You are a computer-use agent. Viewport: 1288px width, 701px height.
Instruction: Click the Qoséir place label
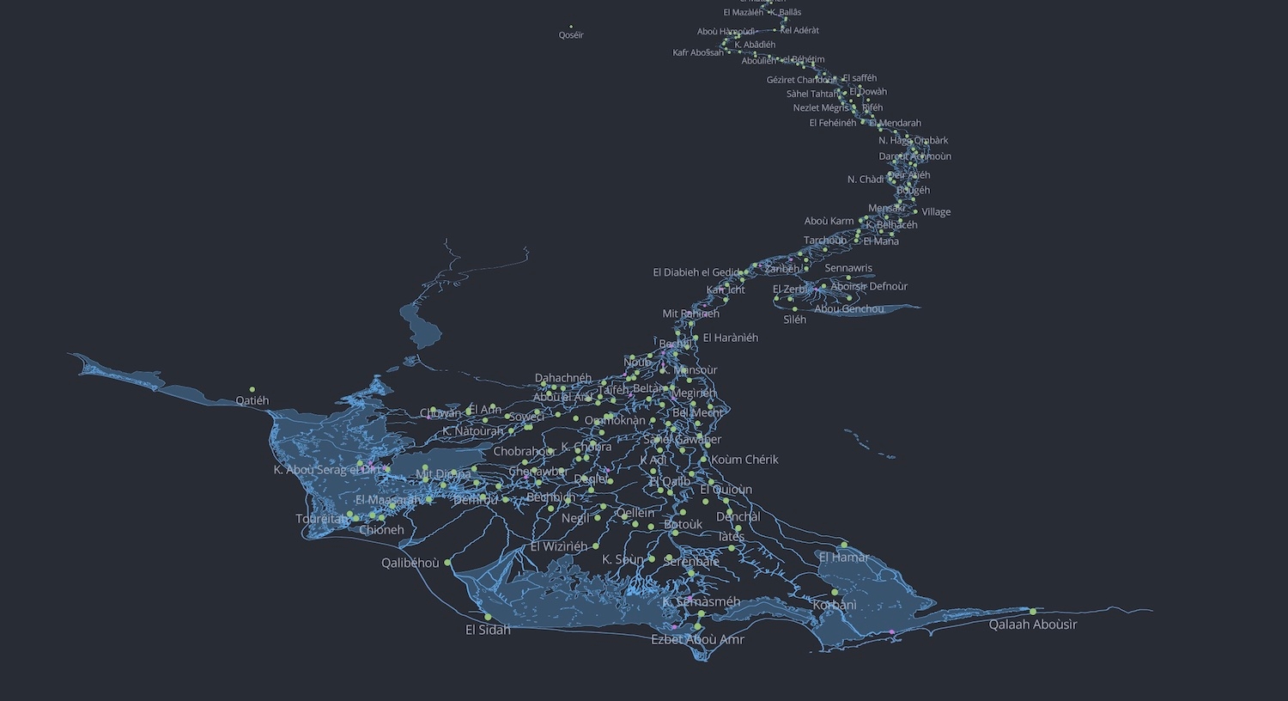(x=571, y=35)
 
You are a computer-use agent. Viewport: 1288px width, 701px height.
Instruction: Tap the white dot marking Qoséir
(x=571, y=27)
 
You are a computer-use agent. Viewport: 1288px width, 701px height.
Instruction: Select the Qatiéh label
(x=252, y=400)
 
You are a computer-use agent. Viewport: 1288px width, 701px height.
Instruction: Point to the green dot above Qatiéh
(x=252, y=389)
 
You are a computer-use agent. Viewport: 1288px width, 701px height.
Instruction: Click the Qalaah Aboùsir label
(x=1032, y=625)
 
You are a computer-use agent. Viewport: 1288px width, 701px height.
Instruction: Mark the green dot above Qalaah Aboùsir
(x=1033, y=611)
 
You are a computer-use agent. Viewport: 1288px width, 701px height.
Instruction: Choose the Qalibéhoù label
(x=410, y=563)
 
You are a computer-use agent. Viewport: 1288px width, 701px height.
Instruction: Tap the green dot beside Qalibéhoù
(x=447, y=563)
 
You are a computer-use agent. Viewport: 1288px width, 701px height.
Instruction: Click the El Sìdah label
(x=488, y=630)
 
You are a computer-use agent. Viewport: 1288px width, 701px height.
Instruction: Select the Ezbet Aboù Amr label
(x=697, y=639)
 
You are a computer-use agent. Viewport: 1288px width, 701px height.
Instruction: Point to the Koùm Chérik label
(x=744, y=460)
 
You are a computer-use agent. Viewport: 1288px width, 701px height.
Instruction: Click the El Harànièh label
(x=730, y=338)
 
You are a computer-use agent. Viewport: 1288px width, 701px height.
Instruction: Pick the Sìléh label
(x=794, y=320)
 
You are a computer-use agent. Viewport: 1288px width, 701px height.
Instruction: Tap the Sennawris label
(x=848, y=268)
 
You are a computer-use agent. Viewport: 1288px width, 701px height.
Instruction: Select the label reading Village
(x=936, y=212)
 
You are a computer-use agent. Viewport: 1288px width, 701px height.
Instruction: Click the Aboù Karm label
(x=829, y=221)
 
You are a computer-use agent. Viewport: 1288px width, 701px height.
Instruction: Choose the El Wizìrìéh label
(x=559, y=546)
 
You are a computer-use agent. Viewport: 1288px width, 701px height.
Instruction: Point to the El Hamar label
(x=843, y=558)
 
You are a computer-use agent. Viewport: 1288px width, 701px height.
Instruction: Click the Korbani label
(x=835, y=605)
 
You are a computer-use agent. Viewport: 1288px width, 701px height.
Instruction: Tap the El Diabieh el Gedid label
(x=696, y=272)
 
